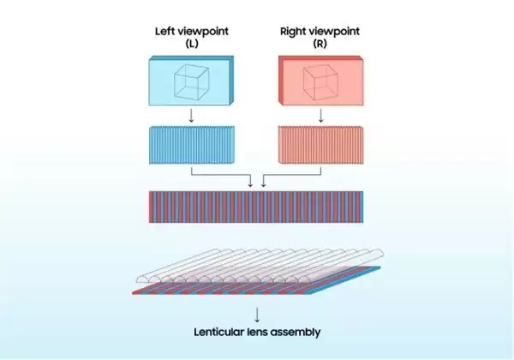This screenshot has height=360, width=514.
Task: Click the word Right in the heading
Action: pos(293,32)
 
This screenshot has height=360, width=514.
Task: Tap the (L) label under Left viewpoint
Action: pos(192,43)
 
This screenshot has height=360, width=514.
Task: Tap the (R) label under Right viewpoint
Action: pos(320,43)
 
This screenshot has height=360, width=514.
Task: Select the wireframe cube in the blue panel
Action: pos(191,81)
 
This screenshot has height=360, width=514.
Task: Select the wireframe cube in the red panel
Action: pos(320,82)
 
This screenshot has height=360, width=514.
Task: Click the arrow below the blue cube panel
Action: pos(191,116)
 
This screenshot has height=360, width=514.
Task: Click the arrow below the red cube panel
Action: pos(321,116)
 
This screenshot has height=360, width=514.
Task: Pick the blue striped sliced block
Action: pos(192,145)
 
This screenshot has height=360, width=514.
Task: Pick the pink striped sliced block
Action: pos(321,145)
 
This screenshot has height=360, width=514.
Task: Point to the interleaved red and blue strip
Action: pos(256,207)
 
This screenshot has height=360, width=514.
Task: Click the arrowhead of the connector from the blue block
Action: pos(251,185)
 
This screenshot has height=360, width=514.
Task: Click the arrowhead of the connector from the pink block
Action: pos(263,185)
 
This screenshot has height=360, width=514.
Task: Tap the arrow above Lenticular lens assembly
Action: pos(257,315)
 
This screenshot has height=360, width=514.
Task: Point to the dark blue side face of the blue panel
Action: pos(231,81)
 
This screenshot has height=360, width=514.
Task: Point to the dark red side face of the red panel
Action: pos(281,81)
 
